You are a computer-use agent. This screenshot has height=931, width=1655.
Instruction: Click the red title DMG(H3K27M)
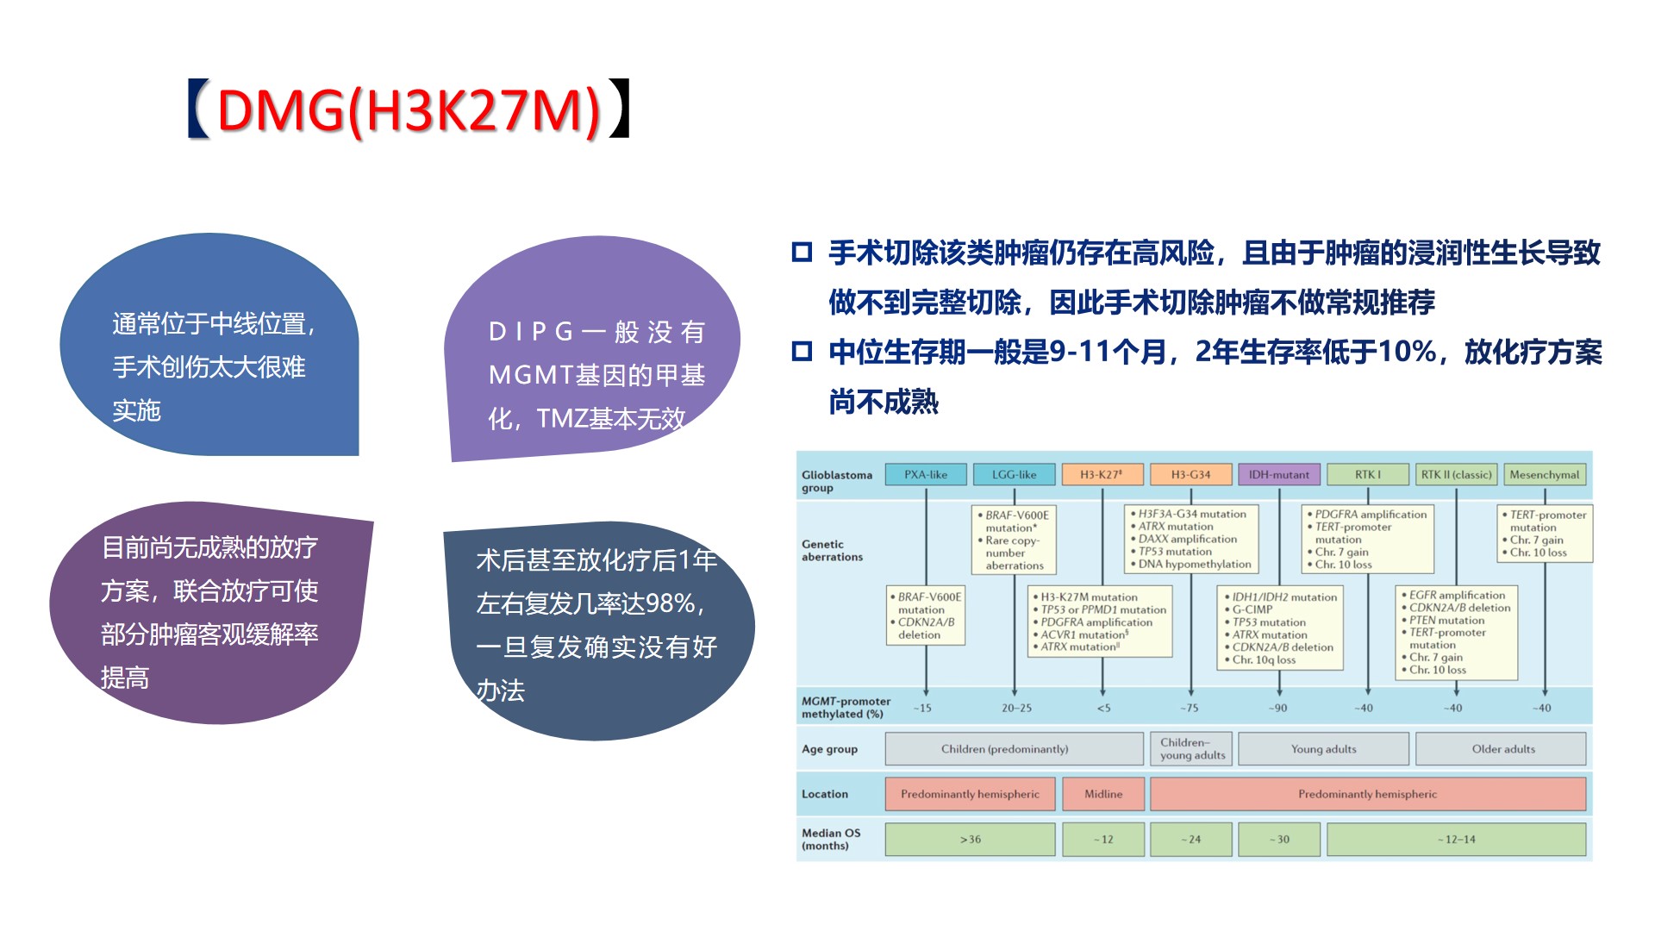(409, 110)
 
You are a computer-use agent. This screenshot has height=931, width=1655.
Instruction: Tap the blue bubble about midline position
(209, 345)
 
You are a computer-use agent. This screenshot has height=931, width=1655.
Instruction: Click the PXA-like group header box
(926, 475)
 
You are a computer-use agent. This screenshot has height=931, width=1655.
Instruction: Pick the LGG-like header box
(1015, 475)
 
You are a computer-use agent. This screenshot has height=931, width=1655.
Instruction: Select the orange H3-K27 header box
(1102, 475)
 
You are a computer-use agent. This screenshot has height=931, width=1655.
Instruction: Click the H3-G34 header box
(1190, 475)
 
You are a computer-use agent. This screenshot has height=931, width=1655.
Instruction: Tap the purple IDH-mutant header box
(1279, 475)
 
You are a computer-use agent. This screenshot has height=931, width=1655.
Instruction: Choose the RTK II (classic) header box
(1456, 475)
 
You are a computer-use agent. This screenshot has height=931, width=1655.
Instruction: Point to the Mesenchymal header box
(1545, 475)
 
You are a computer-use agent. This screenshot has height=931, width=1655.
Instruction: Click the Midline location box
(1103, 794)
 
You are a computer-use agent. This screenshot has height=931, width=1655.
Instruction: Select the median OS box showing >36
(971, 840)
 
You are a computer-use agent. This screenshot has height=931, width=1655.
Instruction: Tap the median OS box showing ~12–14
(1456, 840)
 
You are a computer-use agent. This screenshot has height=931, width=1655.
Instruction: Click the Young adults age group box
(1323, 749)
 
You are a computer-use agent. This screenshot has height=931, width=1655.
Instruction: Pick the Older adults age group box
(1501, 749)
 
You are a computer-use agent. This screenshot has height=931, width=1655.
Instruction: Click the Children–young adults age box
(1191, 749)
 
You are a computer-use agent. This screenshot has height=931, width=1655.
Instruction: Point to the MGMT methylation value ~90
(1277, 709)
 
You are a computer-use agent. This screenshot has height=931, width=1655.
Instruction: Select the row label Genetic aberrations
(832, 551)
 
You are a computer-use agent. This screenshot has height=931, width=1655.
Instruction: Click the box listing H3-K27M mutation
(1101, 622)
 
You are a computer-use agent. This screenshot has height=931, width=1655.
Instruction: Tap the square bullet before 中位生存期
(803, 352)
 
